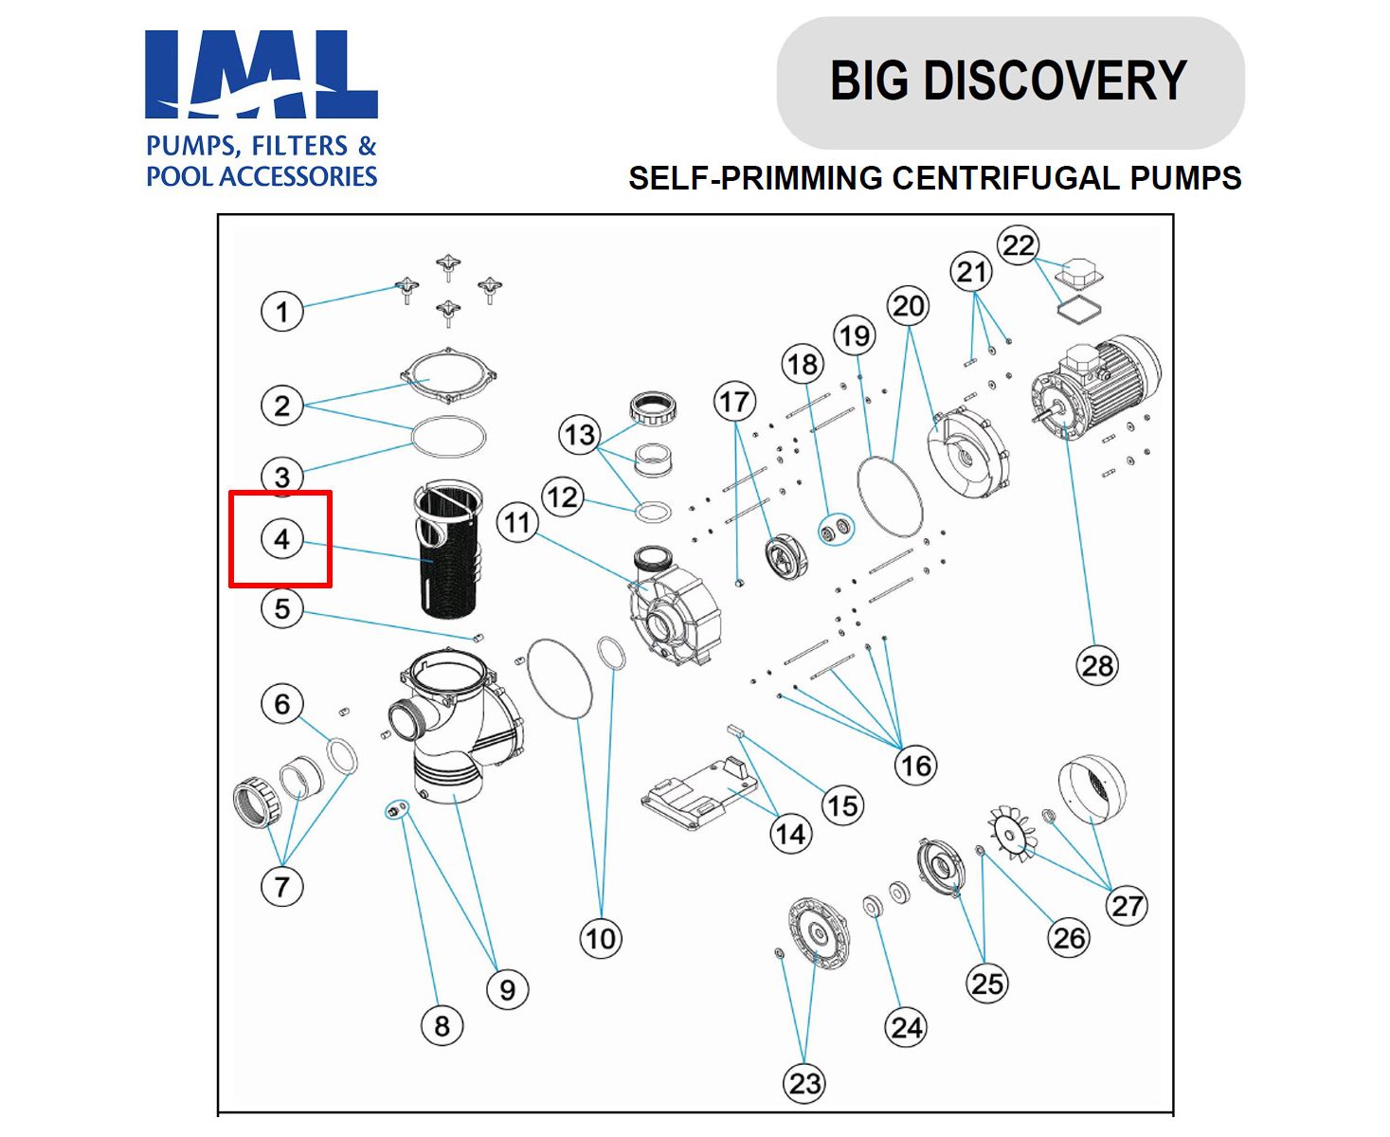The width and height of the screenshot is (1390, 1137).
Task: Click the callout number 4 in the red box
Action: (281, 539)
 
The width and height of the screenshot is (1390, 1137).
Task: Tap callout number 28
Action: (1097, 665)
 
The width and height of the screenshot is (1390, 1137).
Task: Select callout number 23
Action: (804, 1083)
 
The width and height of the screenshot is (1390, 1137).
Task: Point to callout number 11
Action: (517, 522)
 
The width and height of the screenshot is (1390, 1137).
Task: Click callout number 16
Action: (915, 765)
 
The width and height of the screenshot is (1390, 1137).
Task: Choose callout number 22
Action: (1018, 245)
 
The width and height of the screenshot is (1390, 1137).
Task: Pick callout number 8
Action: (442, 1025)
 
